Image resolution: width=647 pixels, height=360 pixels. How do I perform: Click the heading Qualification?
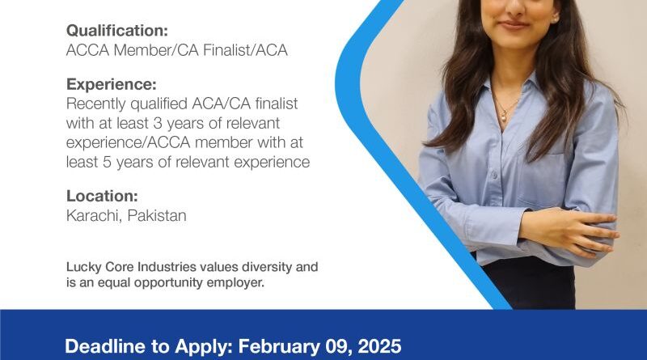117,31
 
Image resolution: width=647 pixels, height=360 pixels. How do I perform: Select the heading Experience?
112,84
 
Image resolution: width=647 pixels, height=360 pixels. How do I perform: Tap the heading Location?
102,196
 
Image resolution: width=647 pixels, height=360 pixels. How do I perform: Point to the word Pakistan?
157,215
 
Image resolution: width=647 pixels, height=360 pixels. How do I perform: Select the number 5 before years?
107,162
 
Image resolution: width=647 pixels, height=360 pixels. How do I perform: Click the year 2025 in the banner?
379,346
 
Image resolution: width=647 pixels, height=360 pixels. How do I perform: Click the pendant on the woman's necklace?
503,118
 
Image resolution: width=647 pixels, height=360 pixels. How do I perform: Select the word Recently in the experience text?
96,104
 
